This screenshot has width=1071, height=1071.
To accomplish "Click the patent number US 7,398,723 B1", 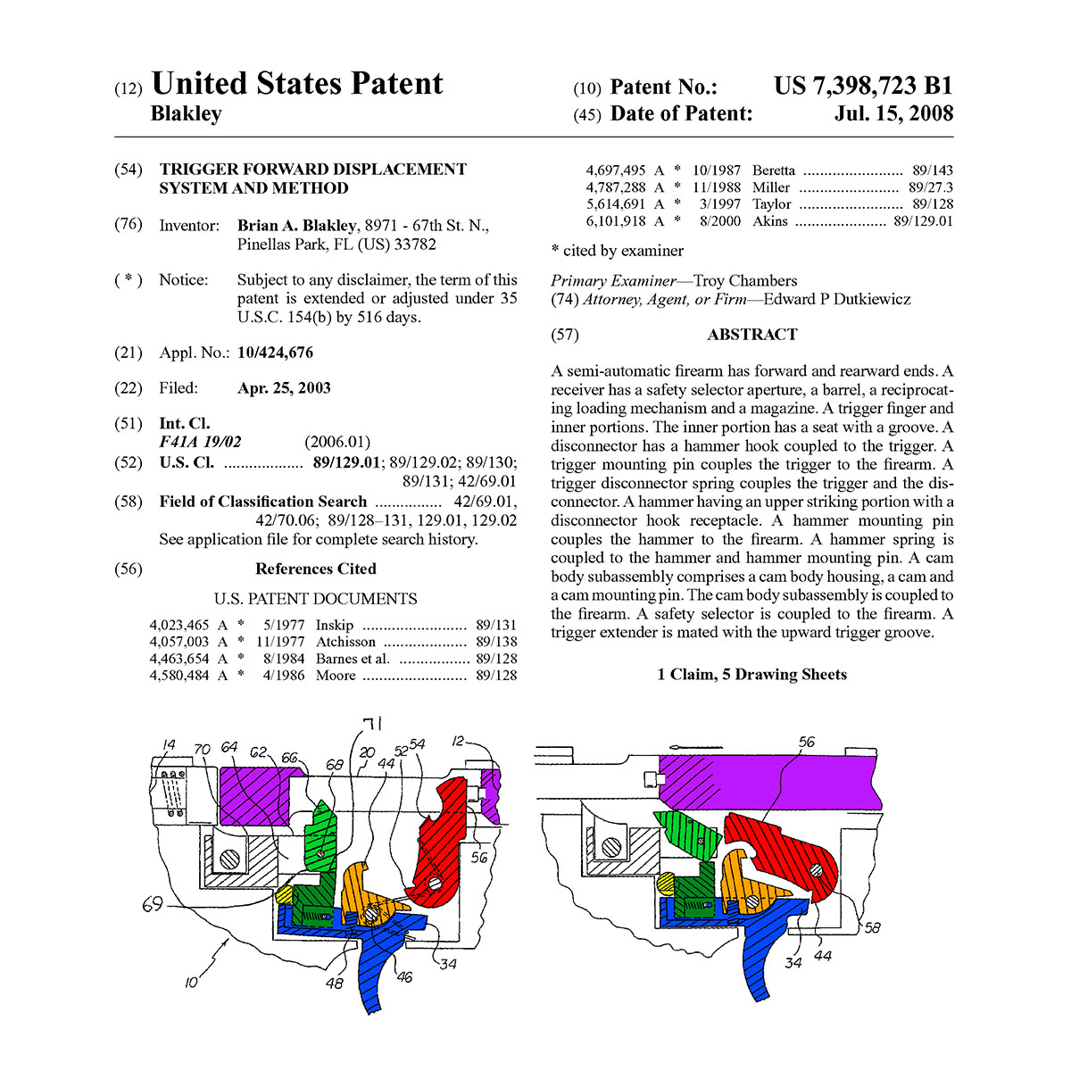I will coord(862,86).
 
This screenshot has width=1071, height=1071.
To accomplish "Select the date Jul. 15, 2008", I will coord(893,113).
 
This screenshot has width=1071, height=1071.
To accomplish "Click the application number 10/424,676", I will coord(275,353).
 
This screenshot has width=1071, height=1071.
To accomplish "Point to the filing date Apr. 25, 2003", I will coord(284,388).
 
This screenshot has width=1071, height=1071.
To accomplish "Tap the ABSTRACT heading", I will coord(751,335).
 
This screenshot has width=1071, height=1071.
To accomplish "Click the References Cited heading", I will coord(315,569).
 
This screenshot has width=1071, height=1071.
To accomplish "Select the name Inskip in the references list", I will coord(335,625).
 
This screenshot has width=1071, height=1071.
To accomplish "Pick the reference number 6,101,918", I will coord(616,221).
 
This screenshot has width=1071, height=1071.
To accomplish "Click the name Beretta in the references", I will coord(773,170).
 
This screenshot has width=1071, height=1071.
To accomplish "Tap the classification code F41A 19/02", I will coord(200,442).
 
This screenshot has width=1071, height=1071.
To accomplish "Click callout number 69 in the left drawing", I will coord(154,906).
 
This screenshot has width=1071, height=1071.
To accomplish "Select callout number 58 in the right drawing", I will coord(872,927).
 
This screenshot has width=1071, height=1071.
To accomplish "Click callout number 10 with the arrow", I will coord(192,983).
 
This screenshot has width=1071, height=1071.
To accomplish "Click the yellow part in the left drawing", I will coord(285,892).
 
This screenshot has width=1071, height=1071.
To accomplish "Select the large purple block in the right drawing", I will coord(768,779).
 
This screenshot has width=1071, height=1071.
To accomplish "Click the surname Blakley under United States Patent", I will coord(187,113).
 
